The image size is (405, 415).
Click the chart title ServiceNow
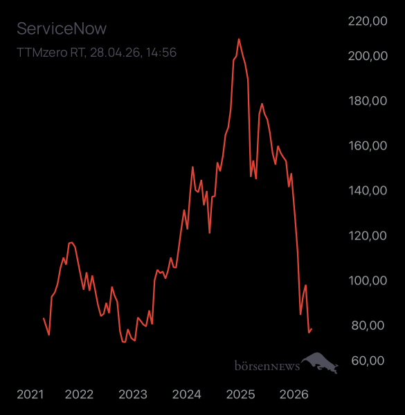pos(62,29)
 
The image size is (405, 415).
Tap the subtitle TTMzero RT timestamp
pos(96,52)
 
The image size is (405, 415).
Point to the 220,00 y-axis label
pos(367,21)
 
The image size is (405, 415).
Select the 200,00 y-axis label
pos(367,56)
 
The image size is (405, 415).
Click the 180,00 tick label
pos(367,101)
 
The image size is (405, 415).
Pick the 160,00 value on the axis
pos(367,146)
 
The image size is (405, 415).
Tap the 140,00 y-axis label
pos(367,191)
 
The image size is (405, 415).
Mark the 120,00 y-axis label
pos(367,236)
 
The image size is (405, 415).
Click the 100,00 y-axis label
pos(367,281)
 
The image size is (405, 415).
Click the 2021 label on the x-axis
pos(30,395)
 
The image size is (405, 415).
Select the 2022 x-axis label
pos(79,395)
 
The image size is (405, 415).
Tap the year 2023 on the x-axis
pos(132,395)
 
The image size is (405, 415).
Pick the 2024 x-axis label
pos(186,395)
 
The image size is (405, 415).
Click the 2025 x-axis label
pos(240,395)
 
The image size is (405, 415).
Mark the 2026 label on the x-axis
pos(294,395)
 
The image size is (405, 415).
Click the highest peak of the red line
pos(239,39)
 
